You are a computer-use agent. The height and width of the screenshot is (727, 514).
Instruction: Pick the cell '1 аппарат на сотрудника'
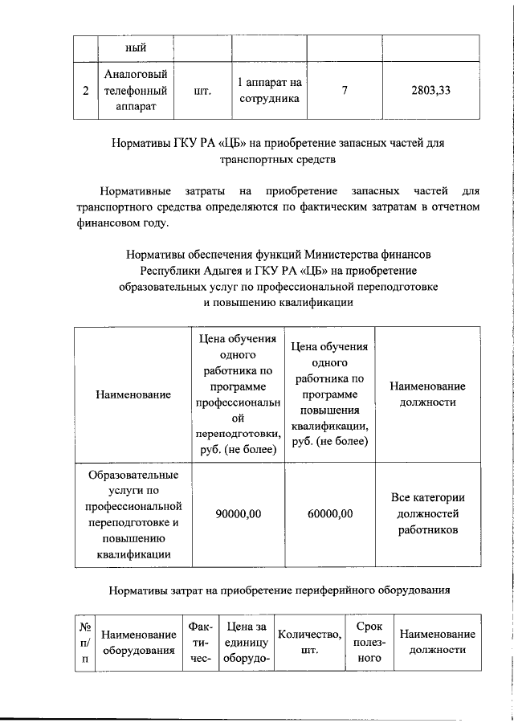tap(269, 91)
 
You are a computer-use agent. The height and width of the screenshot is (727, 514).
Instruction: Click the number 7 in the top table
tap(345, 91)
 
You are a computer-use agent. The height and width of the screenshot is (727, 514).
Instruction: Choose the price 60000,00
tap(330, 514)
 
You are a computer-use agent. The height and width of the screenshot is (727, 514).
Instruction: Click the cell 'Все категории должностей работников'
tap(427, 514)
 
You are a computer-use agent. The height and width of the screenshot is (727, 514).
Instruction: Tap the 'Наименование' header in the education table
tap(133, 394)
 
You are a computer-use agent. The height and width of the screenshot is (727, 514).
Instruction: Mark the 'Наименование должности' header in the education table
tap(427, 394)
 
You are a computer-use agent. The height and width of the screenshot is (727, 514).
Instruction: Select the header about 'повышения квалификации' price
tap(330, 394)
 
